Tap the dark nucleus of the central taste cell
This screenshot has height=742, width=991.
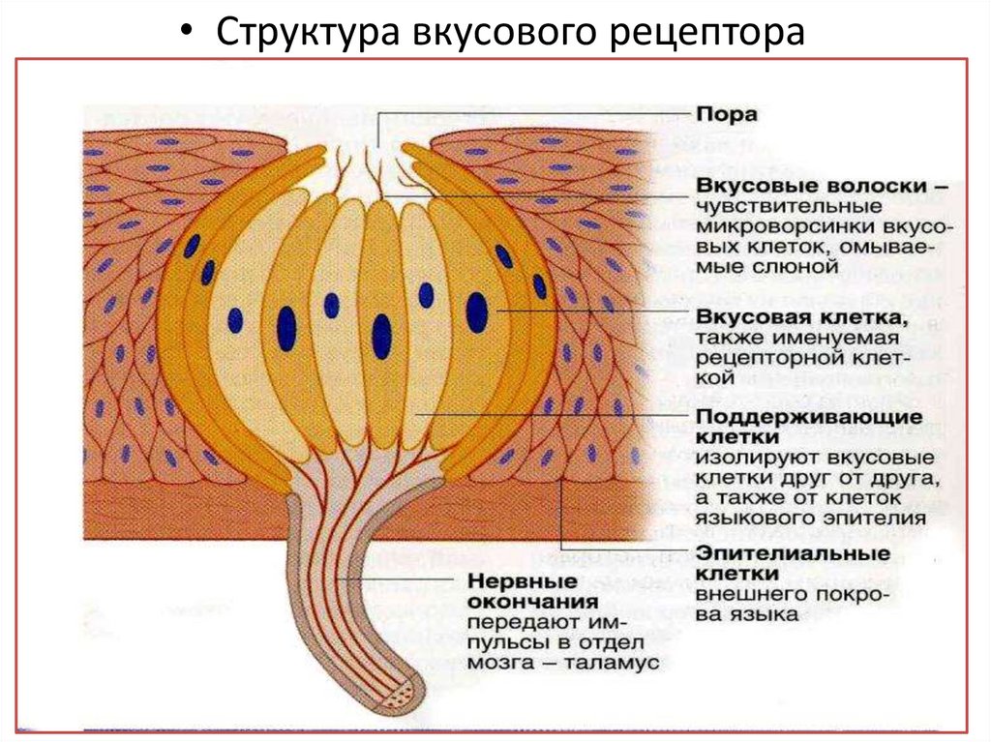click(x=381, y=336)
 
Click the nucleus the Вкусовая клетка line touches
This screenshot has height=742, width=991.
click(x=476, y=312)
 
